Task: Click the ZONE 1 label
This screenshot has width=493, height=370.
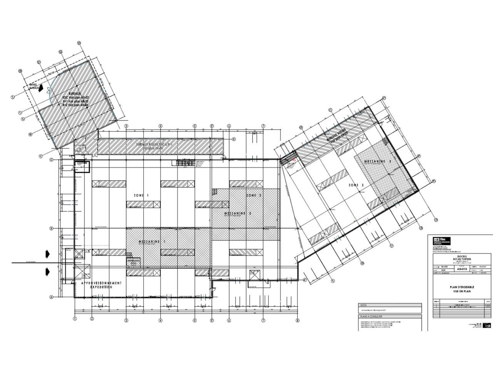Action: pyautogui.click(x=141, y=196)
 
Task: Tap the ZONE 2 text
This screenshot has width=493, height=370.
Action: pyautogui.click(x=254, y=196)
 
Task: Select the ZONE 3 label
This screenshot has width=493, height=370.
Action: pyautogui.click(x=356, y=185)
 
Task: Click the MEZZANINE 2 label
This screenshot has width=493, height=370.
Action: pyautogui.click(x=239, y=213)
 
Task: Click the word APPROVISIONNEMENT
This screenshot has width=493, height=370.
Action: pyautogui.click(x=101, y=283)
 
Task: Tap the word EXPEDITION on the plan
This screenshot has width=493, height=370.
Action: pyautogui.click(x=101, y=287)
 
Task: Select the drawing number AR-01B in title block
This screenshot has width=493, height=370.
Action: pyautogui.click(x=462, y=270)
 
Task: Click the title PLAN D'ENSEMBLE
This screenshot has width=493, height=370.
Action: pyautogui.click(x=462, y=287)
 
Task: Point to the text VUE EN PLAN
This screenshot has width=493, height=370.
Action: pyautogui.click(x=462, y=291)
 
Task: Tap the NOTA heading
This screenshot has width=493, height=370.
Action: pyautogui.click(x=363, y=305)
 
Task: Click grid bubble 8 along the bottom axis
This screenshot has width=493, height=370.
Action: pyautogui.click(x=297, y=320)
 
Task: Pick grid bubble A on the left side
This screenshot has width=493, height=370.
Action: pyautogui.click(x=51, y=297)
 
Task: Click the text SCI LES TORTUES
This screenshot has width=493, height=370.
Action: pyautogui.click(x=462, y=259)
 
